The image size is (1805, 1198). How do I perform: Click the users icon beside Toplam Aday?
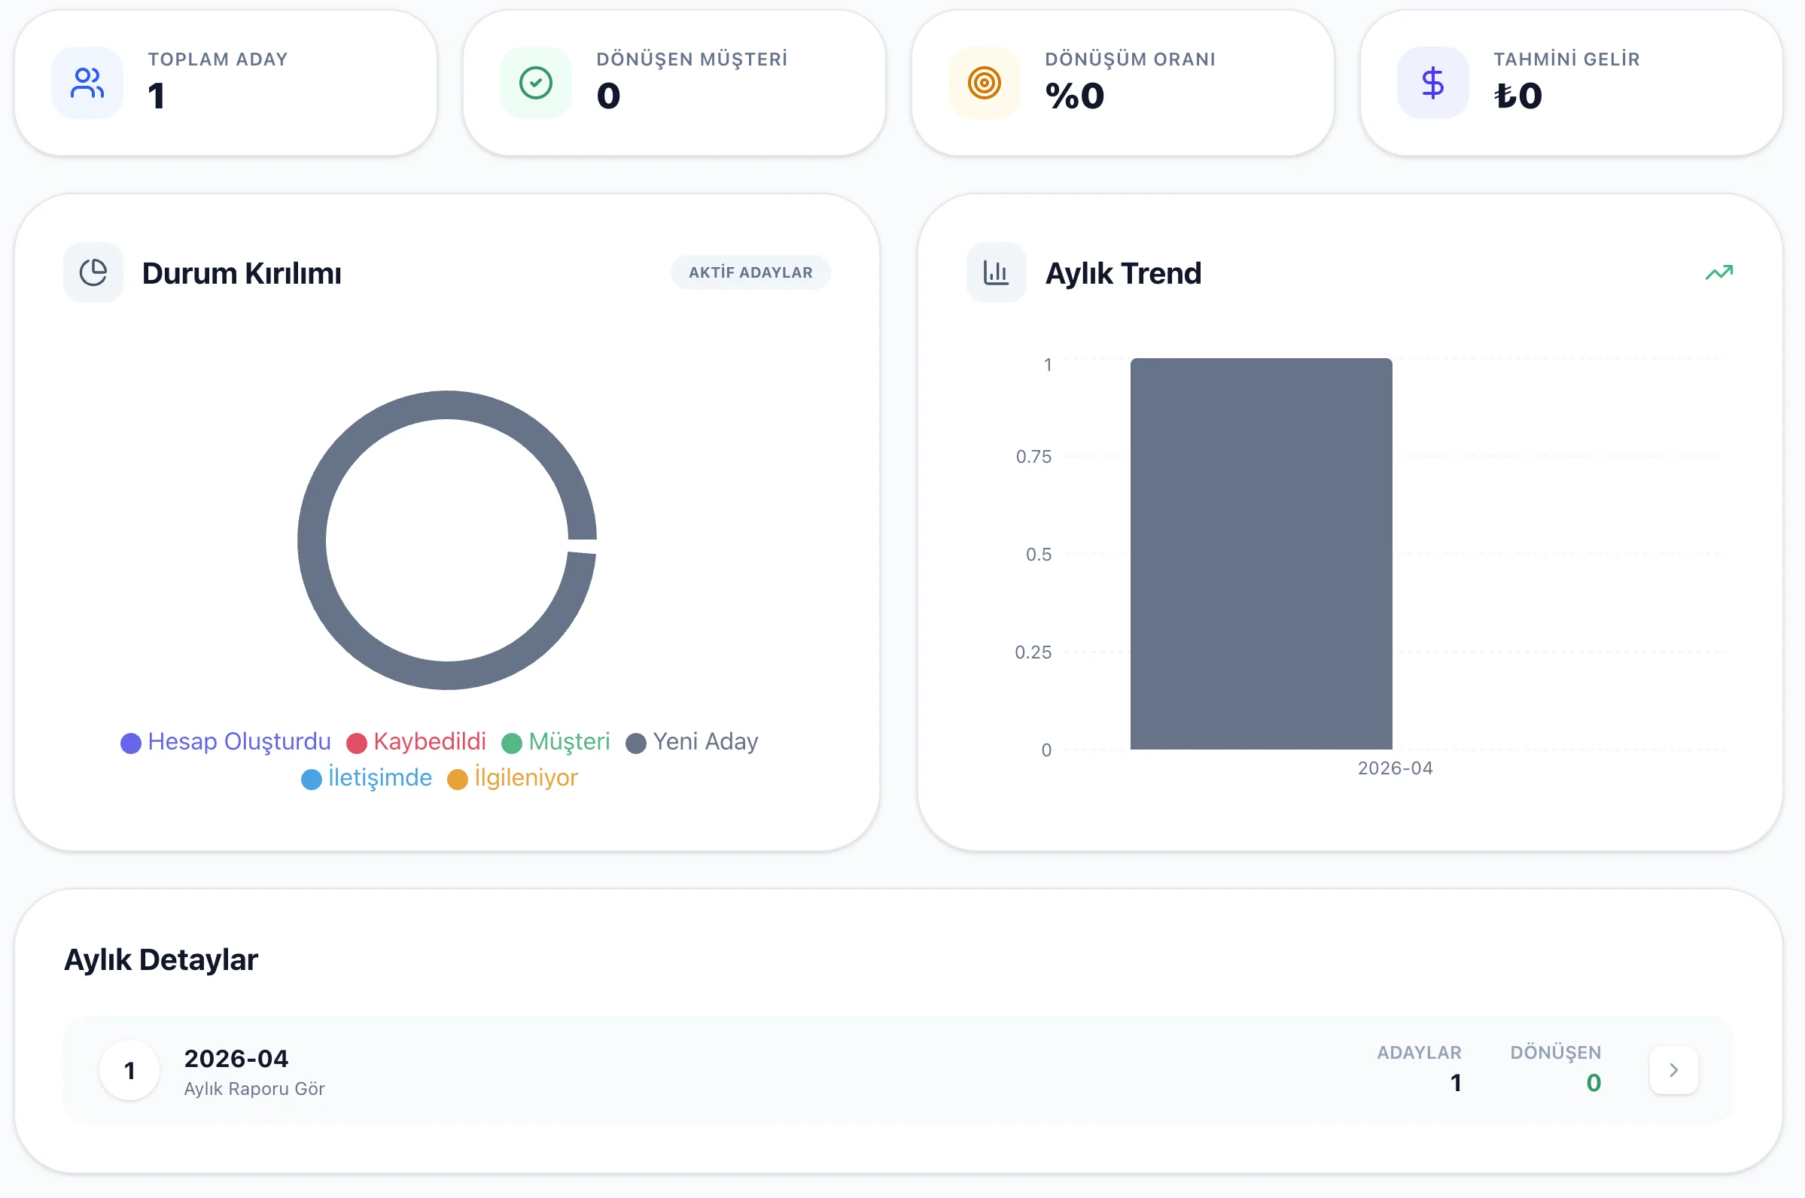(x=87, y=83)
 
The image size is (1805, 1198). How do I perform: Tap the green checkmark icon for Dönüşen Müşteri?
(x=536, y=83)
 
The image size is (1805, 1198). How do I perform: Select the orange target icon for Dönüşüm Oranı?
(x=985, y=83)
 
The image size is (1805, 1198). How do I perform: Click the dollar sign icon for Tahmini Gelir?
(x=1433, y=83)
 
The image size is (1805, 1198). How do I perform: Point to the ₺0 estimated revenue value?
(x=1518, y=96)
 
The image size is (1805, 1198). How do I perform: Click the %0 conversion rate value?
(x=1075, y=96)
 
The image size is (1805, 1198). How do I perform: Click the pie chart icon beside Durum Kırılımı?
(x=93, y=272)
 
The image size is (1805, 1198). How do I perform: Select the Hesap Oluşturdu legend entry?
(x=227, y=742)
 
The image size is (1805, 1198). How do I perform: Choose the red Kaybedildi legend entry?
(x=416, y=742)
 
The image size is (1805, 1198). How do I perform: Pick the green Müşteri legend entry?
(x=556, y=742)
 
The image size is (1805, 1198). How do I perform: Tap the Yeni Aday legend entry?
(x=692, y=742)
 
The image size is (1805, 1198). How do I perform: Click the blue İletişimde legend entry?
(x=367, y=778)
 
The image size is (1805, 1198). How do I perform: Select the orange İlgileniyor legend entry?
(x=513, y=778)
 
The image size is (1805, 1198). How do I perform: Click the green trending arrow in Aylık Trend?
(x=1718, y=272)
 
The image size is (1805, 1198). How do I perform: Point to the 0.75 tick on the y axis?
(x=1033, y=457)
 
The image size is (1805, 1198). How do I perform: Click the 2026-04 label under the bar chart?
(x=1395, y=768)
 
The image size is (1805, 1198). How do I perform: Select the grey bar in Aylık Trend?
(x=1261, y=554)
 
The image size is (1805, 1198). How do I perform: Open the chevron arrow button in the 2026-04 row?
(x=1673, y=1069)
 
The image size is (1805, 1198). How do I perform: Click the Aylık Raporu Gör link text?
(x=254, y=1089)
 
